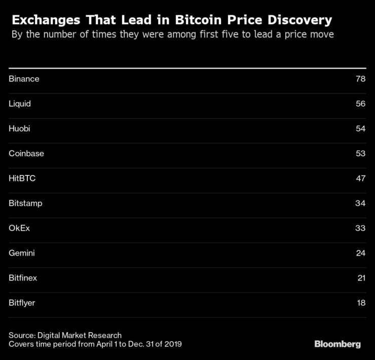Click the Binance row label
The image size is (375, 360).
point(24,79)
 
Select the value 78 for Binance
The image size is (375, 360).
point(360,79)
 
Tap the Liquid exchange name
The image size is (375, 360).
point(20,104)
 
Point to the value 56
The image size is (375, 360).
point(360,104)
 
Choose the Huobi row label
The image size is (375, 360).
point(19,129)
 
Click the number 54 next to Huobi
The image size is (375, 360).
point(360,129)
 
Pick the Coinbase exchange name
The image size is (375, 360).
point(26,154)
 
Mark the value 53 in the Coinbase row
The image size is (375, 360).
point(360,154)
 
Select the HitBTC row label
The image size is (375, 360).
point(22,178)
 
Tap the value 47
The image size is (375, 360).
point(360,178)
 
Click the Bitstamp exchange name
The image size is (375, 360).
point(25,203)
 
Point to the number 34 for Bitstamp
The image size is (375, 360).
point(360,203)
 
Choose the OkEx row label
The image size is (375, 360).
point(19,228)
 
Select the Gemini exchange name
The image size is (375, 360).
point(22,253)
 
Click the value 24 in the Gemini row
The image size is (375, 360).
point(360,253)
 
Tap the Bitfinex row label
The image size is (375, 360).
point(23,278)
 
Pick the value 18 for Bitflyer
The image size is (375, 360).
point(360,303)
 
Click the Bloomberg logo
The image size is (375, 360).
point(337,344)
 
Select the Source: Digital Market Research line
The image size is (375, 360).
point(65,335)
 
